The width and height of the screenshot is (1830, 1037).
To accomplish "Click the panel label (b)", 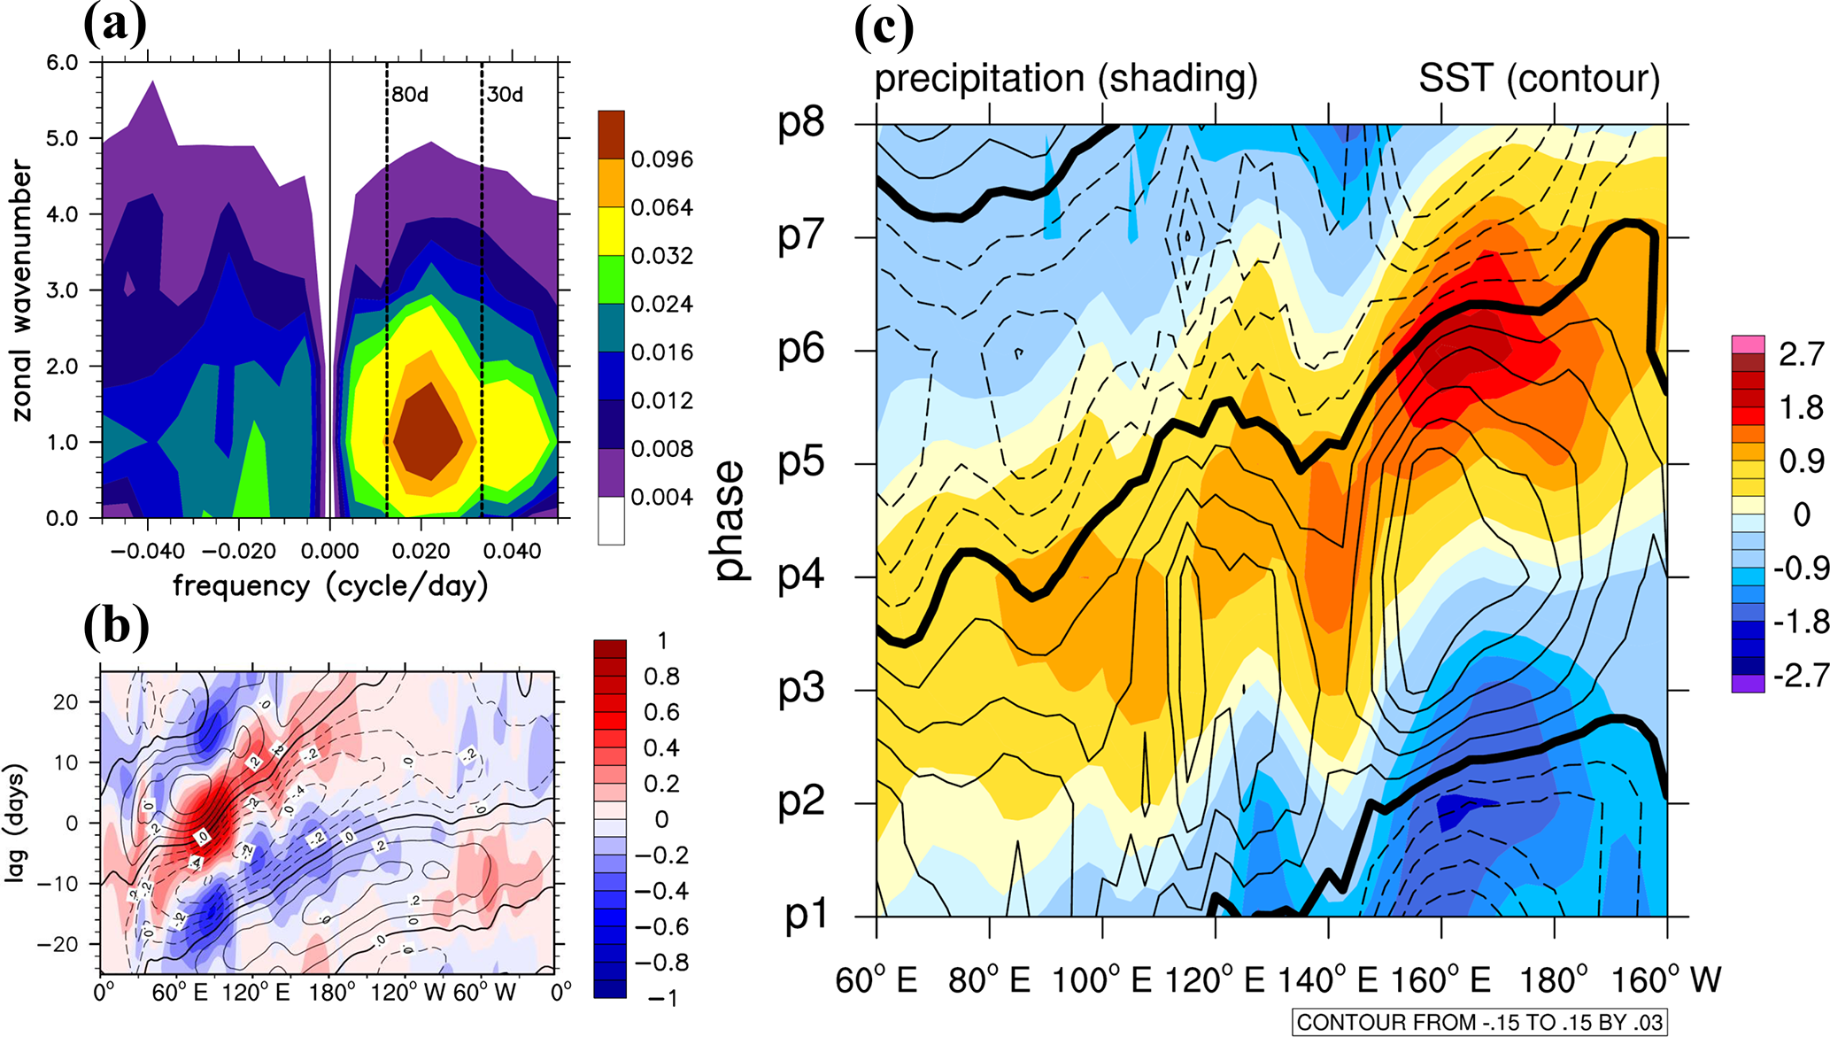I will (x=115, y=625).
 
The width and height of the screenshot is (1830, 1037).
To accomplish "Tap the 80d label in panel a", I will (x=410, y=94).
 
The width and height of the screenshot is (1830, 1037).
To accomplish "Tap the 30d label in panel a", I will (x=505, y=94).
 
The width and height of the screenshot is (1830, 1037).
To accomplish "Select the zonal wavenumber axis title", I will (x=21, y=290).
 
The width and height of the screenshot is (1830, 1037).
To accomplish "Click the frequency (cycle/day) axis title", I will (x=330, y=586).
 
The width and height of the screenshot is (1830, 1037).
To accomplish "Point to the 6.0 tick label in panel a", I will (x=62, y=63).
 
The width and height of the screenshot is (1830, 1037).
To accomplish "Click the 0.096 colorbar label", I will (x=661, y=159).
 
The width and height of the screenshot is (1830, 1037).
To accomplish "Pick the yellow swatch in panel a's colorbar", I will (x=611, y=231).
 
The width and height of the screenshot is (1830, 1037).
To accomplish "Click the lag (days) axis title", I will (x=16, y=822).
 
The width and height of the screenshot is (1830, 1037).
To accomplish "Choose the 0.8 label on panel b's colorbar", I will (x=661, y=677).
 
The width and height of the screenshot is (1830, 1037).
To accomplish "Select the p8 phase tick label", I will (x=800, y=122).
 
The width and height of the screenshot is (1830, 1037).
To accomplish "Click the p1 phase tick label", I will (x=806, y=914).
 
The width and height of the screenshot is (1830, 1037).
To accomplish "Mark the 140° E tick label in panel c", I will (x=1328, y=980).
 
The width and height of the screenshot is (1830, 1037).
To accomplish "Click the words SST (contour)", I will (x=1539, y=79).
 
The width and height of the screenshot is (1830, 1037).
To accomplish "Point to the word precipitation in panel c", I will (x=979, y=79).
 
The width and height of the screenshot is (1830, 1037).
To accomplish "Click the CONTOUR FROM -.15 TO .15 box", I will (x=1479, y=1022).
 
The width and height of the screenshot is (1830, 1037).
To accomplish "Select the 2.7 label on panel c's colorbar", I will (x=1801, y=354).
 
